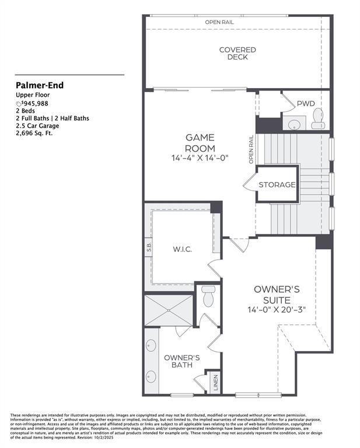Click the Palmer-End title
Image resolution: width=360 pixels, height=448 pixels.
pyautogui.click(x=40, y=85)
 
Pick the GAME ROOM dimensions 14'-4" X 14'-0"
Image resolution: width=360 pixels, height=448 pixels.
pyautogui.click(x=200, y=157)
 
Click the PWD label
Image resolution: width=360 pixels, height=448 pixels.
pyautogui.click(x=306, y=104)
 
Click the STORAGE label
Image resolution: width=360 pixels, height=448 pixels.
pyautogui.click(x=277, y=185)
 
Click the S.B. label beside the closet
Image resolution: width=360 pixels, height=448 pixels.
pyautogui.click(x=149, y=249)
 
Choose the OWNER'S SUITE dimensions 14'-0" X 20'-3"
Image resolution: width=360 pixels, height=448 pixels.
pyautogui.click(x=277, y=309)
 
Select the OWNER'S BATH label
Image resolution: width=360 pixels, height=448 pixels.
pyautogui.click(x=181, y=361)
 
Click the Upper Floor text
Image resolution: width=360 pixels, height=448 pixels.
pyautogui.click(x=33, y=94)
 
